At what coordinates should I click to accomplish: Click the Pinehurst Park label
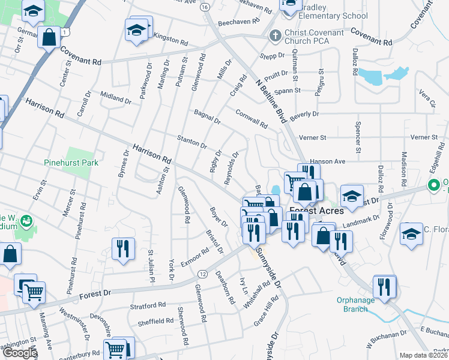[x=71, y=162]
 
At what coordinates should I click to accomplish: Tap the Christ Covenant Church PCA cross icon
[x=276, y=35]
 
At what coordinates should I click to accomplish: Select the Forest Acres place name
[x=318, y=211]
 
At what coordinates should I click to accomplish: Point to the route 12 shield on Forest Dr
[x=202, y=274]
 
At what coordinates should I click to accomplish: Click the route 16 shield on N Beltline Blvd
[x=205, y=7]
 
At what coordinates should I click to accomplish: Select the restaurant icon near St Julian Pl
[x=123, y=248]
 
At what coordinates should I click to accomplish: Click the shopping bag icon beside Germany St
[x=49, y=37]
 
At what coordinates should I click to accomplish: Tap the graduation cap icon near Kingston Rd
[x=136, y=29]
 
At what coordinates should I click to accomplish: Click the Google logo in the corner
[x=19, y=353]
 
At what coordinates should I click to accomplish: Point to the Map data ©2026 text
[x=423, y=355]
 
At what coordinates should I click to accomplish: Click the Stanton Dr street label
[x=192, y=142]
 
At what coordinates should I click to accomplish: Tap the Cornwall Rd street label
[x=252, y=118]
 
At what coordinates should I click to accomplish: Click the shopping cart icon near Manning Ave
[x=35, y=293]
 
